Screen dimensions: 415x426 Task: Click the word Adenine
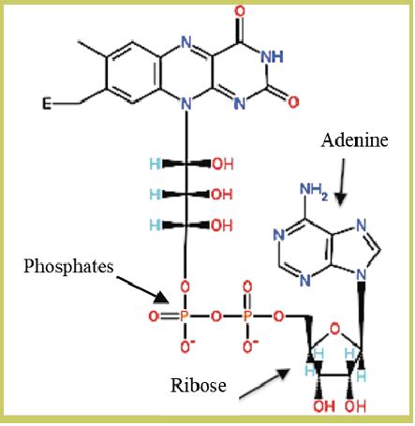click(355, 140)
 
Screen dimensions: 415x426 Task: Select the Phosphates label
click(68, 267)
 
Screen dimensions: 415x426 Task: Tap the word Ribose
click(199, 385)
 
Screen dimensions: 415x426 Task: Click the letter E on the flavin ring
click(47, 103)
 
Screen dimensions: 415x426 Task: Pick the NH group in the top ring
click(272, 57)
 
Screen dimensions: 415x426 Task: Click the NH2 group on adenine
click(314, 190)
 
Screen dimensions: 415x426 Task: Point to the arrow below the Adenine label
click(342, 182)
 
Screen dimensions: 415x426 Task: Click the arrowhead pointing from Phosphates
click(161, 298)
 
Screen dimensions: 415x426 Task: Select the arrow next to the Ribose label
click(264, 384)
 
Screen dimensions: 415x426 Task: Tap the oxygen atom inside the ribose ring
click(335, 329)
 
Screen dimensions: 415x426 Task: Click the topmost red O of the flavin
click(240, 12)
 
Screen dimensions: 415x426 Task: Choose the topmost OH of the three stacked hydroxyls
click(223, 164)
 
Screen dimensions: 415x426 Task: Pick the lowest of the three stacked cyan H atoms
click(155, 225)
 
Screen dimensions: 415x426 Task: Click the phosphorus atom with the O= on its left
click(185, 316)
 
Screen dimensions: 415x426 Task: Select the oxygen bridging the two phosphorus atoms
click(215, 316)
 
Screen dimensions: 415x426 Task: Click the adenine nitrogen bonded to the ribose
click(362, 274)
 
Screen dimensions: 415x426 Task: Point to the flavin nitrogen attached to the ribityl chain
click(186, 104)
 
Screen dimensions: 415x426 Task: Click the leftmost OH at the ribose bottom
click(324, 406)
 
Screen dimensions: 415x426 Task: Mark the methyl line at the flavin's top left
click(92, 49)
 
